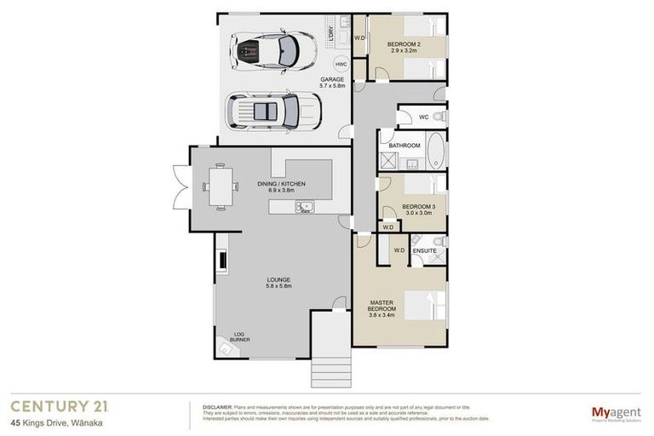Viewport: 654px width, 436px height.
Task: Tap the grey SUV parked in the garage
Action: [272, 110]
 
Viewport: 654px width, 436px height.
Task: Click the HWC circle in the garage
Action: [341, 65]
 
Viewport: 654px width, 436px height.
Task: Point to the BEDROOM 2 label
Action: [404, 47]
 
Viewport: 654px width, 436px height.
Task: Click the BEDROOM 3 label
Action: [418, 209]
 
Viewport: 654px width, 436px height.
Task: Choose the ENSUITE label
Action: [424, 250]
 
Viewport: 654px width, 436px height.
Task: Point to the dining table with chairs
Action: [220, 185]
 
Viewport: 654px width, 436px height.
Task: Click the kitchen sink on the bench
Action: [305, 206]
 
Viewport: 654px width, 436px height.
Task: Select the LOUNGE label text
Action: [278, 283]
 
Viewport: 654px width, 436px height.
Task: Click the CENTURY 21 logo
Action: [58, 407]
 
